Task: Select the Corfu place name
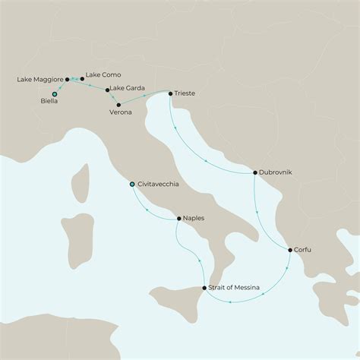[304, 249]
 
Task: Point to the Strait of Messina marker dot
[204, 288]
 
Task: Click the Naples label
[194, 219]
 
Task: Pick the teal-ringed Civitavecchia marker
[132, 184]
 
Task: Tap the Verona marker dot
[118, 103]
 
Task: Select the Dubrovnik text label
[276, 173]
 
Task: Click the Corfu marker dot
[289, 249]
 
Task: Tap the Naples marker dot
[178, 219]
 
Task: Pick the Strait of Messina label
[235, 288]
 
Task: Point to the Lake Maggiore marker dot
[68, 79]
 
